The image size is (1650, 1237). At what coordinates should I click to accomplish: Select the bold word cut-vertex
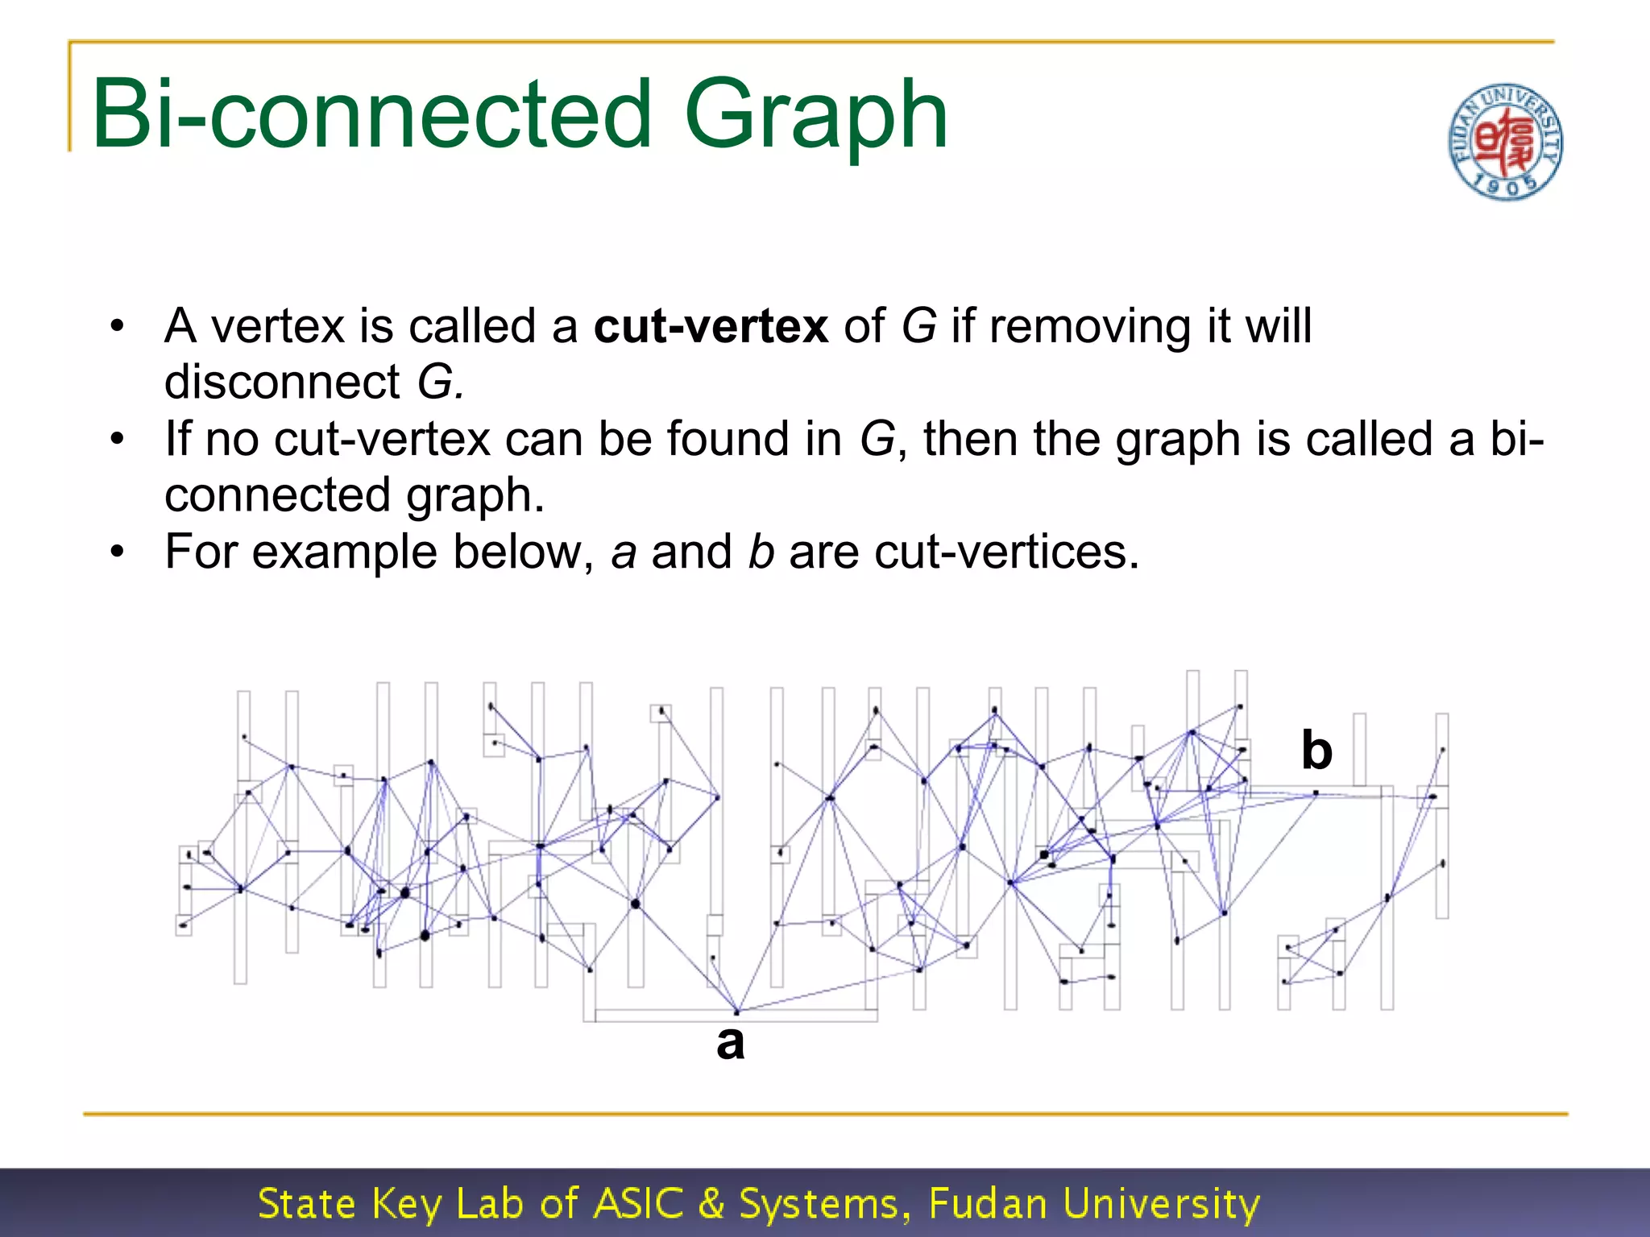pyautogui.click(x=711, y=326)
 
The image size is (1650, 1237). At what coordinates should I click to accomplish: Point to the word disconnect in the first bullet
pyautogui.click(x=282, y=382)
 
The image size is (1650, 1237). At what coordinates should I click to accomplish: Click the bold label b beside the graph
pyautogui.click(x=1316, y=751)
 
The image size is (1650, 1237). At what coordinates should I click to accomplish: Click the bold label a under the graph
pyautogui.click(x=730, y=1042)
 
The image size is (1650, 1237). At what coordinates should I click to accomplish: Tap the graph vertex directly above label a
pyautogui.click(x=736, y=1012)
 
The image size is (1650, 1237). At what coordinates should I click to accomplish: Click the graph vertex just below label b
pyautogui.click(x=1316, y=794)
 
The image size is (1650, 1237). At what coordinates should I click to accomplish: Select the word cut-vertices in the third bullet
pyautogui.click(x=1006, y=552)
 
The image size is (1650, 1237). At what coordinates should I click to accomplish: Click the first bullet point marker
pyautogui.click(x=118, y=327)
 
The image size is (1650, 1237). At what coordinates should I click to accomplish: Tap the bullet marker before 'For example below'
pyautogui.click(x=118, y=553)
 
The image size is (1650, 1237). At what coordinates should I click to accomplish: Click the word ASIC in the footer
pyautogui.click(x=638, y=1203)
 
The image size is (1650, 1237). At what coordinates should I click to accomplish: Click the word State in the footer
pyautogui.click(x=306, y=1203)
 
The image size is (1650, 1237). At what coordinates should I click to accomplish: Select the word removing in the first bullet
pyautogui.click(x=1089, y=326)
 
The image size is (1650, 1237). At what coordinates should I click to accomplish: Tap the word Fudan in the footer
pyautogui.click(x=987, y=1203)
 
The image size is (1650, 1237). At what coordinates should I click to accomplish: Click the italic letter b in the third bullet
pyautogui.click(x=761, y=552)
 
